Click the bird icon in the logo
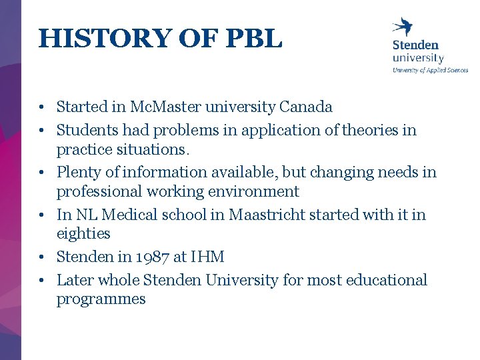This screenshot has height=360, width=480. click(403, 27)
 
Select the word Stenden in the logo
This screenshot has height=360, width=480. click(415, 45)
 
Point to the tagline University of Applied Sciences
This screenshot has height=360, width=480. click(430, 70)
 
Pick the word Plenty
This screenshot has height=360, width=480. click(78, 172)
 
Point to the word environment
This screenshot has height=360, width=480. click(257, 191)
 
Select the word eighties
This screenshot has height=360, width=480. click(83, 234)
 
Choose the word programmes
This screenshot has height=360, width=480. click(101, 299)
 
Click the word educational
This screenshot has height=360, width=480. click(386, 280)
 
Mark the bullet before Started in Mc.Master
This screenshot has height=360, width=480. click(41, 107)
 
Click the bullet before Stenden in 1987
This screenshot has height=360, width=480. click(41, 257)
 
